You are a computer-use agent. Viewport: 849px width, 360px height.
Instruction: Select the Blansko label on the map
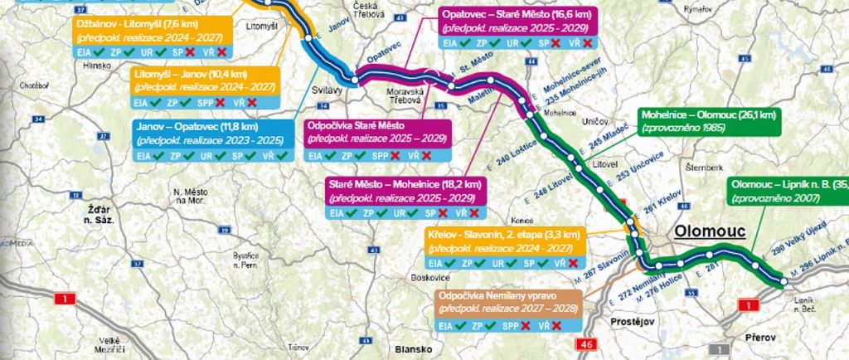pyautogui.click(x=414, y=348)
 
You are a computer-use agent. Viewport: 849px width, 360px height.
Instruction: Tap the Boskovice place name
pyautogui.click(x=429, y=278)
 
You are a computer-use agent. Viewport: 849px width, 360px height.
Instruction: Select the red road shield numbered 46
pyautogui.click(x=588, y=343)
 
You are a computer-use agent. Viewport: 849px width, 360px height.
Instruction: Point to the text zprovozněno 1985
pyautogui.click(x=682, y=129)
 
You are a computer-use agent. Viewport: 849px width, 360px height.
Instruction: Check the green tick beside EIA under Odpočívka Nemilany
pyautogui.click(x=474, y=326)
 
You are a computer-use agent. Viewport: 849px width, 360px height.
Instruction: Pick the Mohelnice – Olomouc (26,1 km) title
pyautogui.click(x=706, y=114)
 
